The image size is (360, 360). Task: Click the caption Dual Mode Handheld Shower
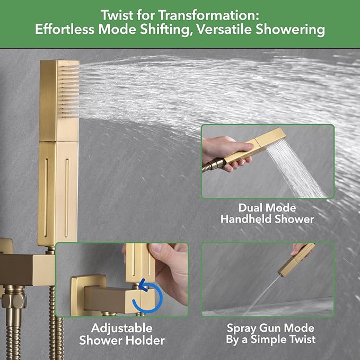[267, 213]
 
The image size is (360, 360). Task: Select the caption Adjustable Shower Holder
[122, 334]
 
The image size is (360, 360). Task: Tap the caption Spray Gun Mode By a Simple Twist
[270, 334]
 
